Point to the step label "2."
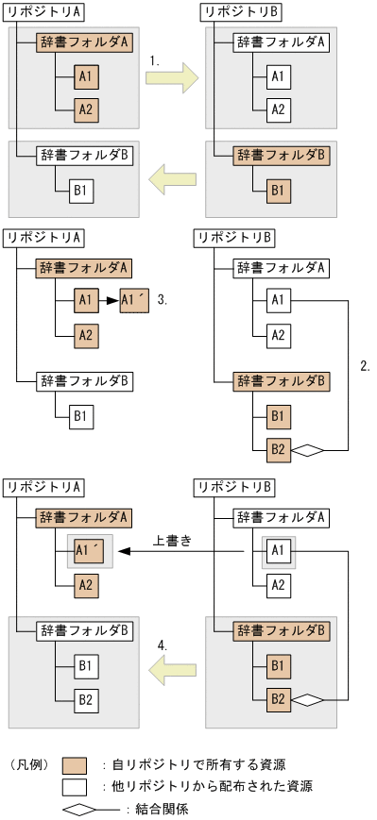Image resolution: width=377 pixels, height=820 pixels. tap(365, 364)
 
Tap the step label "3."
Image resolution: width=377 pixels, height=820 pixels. tap(163, 300)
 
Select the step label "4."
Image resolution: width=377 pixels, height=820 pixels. tap(163, 645)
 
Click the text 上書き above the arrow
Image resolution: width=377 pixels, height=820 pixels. tap(172, 542)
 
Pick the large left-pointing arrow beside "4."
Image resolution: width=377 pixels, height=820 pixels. tap(171, 670)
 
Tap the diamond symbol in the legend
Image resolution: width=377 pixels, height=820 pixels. tap(79, 809)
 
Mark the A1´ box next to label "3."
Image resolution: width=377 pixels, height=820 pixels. tap(134, 301)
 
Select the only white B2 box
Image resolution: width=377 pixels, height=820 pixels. tap(87, 700)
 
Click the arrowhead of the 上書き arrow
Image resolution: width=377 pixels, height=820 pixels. tap(123, 554)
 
